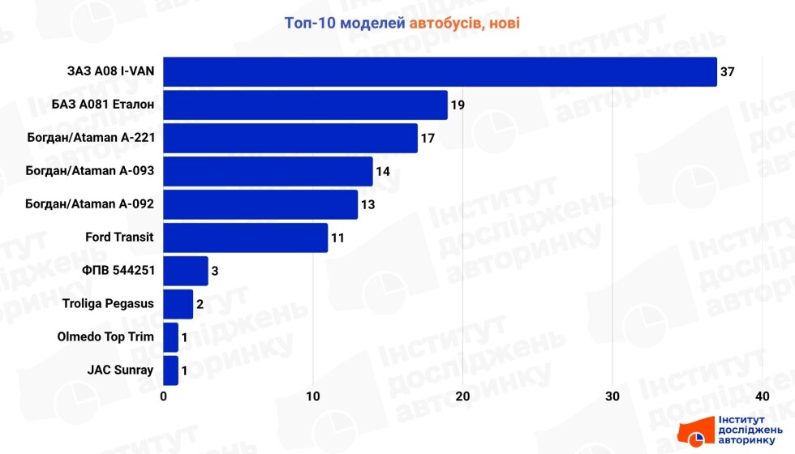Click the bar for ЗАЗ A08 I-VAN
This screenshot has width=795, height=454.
coord(440,71)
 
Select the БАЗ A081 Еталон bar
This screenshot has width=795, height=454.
coord(305,105)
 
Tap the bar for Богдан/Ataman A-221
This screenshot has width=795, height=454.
coord(290,138)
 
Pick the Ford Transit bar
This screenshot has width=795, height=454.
coord(246,238)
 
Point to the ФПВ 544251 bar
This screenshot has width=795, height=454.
coord(186,271)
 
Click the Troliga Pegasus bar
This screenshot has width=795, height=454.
coord(178,304)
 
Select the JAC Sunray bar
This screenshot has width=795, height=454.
coord(171,370)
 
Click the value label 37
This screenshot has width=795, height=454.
coord(728,72)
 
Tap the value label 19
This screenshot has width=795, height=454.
coord(458,105)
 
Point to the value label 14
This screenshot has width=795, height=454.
coord(382,172)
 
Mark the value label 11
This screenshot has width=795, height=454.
coord(337,238)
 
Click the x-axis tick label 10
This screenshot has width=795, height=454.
coord(313,396)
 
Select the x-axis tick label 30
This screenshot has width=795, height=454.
coord(612,396)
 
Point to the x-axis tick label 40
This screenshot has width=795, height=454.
coord(762,396)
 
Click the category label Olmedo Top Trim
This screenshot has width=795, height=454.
coord(105,337)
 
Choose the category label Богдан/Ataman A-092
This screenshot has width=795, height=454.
coord(91,204)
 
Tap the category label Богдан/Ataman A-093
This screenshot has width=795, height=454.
coord(91,171)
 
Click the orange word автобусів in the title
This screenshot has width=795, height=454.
coord(447,23)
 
